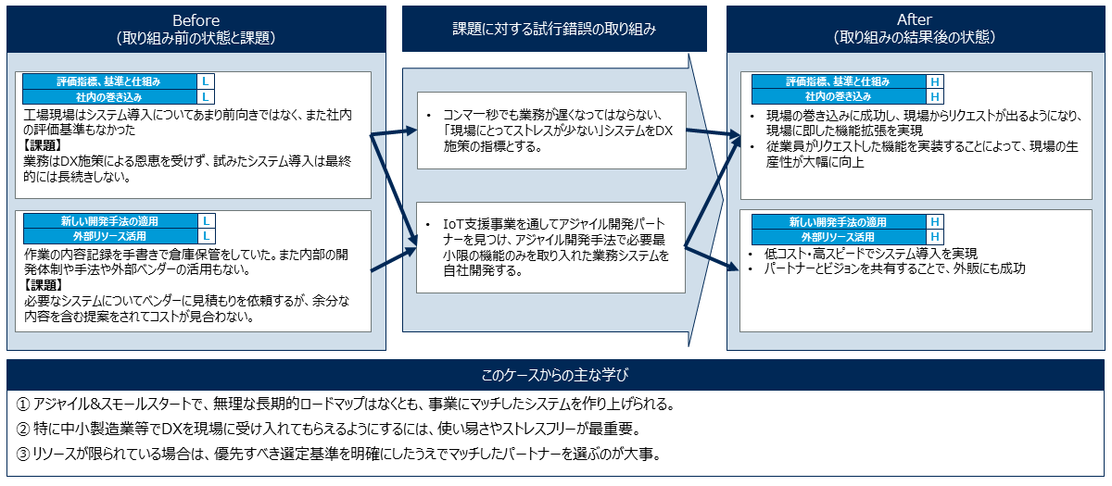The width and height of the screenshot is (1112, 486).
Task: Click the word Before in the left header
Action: click(x=196, y=20)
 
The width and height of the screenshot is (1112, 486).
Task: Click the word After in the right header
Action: click(x=914, y=19)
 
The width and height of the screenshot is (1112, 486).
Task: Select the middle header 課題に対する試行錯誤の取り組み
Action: click(x=554, y=30)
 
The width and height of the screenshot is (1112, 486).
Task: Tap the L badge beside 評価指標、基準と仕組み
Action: click(x=205, y=81)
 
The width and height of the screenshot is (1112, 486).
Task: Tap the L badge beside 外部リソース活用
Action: click(x=206, y=236)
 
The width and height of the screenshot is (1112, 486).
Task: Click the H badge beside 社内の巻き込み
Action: click(x=935, y=96)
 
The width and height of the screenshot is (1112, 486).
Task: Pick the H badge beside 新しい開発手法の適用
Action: click(x=935, y=221)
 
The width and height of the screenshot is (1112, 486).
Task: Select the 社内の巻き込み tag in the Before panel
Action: click(x=109, y=96)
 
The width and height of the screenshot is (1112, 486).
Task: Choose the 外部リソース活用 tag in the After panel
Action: click(x=838, y=237)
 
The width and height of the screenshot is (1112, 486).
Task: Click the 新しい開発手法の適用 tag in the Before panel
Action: click(x=109, y=221)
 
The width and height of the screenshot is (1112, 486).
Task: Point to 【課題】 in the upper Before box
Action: click(x=44, y=145)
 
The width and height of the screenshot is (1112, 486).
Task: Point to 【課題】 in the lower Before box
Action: click(x=44, y=285)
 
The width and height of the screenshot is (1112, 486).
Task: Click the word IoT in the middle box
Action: click(x=453, y=225)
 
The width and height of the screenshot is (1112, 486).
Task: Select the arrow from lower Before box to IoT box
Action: click(x=394, y=259)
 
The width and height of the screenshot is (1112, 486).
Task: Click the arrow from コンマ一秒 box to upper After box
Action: click(x=714, y=132)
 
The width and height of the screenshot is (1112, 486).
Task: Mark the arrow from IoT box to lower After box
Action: click(x=712, y=257)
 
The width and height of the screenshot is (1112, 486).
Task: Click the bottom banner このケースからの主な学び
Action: click(x=555, y=375)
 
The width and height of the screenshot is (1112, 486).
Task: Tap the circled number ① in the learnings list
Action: click(x=23, y=405)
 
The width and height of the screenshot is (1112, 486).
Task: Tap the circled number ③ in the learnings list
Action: click(x=23, y=454)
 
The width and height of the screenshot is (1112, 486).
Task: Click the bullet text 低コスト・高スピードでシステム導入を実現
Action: click(x=871, y=254)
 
